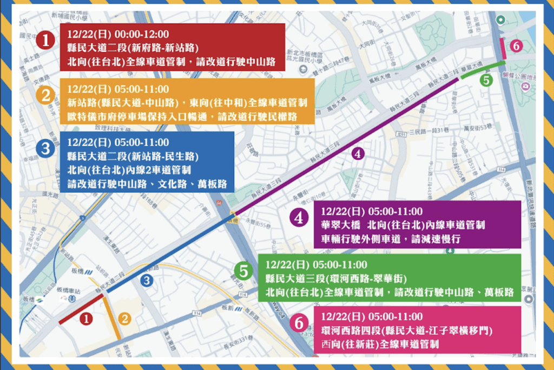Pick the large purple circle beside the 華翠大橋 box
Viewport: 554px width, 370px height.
click(298, 218)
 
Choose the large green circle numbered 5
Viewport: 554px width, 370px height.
click(244, 271)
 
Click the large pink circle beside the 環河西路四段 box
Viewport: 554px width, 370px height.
click(298, 323)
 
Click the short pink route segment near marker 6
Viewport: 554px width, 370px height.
click(503, 48)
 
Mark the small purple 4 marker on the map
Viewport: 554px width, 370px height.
click(357, 153)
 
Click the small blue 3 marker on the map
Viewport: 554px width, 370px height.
click(146, 281)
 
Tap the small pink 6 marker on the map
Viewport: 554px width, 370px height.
click(516, 46)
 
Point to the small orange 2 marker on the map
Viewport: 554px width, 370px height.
click(125, 319)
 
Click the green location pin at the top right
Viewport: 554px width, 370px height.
click(502, 20)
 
